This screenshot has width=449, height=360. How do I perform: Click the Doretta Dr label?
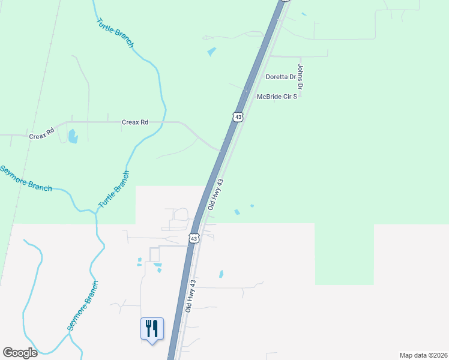[281, 77]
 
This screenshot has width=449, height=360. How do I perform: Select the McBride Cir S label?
[277, 96]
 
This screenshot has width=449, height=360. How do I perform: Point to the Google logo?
[20, 352]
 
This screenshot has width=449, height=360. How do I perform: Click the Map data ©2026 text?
[423, 355]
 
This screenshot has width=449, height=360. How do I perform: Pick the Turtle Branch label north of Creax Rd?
[115, 33]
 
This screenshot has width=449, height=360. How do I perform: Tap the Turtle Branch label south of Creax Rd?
[114, 190]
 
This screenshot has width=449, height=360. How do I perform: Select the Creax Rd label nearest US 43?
[135, 122]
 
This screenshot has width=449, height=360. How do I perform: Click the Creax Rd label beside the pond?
[42, 133]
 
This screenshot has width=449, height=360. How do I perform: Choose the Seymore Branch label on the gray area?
[82, 306]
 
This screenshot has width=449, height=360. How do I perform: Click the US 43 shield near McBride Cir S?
[238, 117]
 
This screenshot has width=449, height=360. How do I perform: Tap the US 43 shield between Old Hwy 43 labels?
[194, 238]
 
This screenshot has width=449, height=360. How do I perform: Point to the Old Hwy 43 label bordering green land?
[215, 194]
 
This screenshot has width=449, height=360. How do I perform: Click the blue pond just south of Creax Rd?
[73, 136]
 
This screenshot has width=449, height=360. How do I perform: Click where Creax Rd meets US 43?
[220, 149]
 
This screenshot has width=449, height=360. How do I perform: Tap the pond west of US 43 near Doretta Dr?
[211, 52]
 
